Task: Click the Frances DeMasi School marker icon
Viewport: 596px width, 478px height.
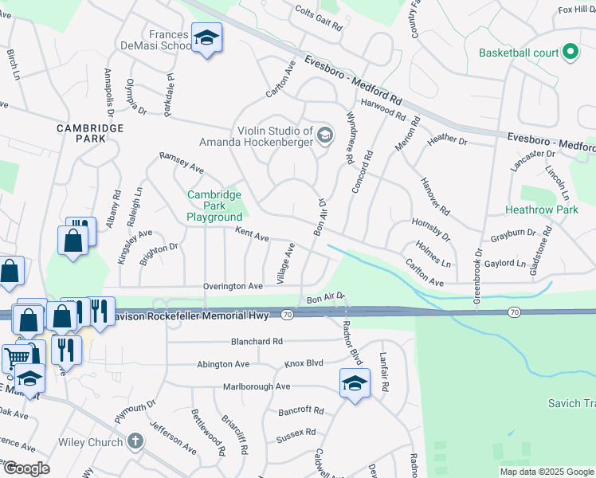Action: click(207, 38)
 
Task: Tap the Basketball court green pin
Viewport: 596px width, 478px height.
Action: click(570, 53)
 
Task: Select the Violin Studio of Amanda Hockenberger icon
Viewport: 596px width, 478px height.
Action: click(323, 135)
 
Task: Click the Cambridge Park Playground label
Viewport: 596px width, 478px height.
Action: click(214, 206)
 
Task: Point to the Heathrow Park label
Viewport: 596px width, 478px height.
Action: click(541, 210)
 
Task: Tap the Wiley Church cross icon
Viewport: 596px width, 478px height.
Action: click(135, 441)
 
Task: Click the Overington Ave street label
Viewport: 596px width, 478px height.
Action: click(232, 286)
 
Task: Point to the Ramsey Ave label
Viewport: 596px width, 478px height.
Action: click(182, 163)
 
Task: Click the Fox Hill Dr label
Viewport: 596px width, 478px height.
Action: click(576, 10)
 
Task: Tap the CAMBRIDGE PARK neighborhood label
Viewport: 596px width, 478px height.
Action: click(90, 133)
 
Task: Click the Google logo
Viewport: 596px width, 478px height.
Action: click(25, 468)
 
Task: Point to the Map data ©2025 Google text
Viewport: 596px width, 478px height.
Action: click(547, 472)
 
